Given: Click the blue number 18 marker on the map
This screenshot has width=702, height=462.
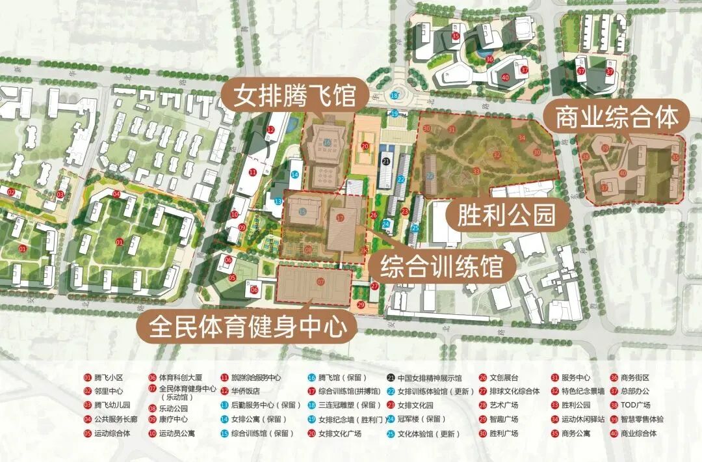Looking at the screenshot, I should [x=395, y=96].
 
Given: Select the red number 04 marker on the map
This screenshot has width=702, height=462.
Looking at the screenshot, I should [x=116, y=194].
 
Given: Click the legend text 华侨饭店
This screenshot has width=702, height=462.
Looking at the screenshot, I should [x=246, y=392].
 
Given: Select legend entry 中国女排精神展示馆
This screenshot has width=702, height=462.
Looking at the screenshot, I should [x=430, y=377].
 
